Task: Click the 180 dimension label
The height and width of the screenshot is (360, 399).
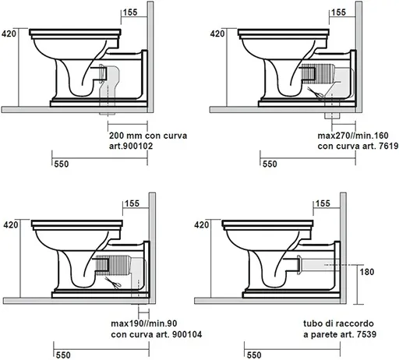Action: point(367,272)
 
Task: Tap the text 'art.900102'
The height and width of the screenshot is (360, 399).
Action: point(131,146)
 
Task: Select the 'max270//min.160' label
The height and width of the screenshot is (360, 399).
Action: point(353,136)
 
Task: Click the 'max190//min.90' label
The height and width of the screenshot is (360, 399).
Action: point(144,323)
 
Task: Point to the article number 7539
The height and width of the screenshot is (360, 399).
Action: point(366,334)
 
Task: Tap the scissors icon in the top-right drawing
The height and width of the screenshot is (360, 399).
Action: point(315,93)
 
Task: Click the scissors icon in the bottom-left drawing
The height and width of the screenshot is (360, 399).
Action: point(113,283)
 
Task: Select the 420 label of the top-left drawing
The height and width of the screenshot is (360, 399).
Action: point(9,34)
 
